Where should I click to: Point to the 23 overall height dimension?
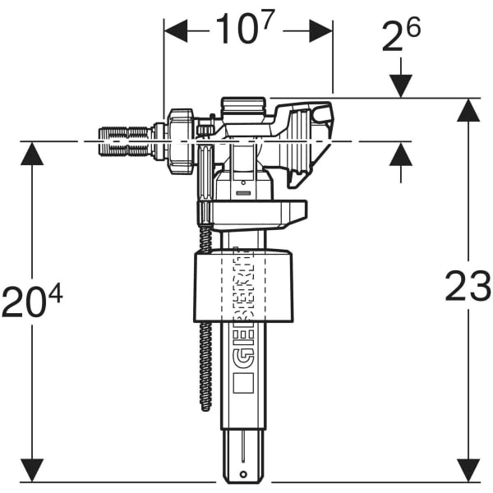click(468, 287)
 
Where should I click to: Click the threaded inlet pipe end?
click(123, 141)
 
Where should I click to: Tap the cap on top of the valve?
click(243, 107)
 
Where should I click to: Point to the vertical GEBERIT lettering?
click(240, 304)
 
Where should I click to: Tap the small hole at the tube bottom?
click(244, 474)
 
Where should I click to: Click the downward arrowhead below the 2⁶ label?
click(401, 85)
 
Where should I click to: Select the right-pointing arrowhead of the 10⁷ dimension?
click(321, 31)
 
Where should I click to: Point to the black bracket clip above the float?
click(251, 214)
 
